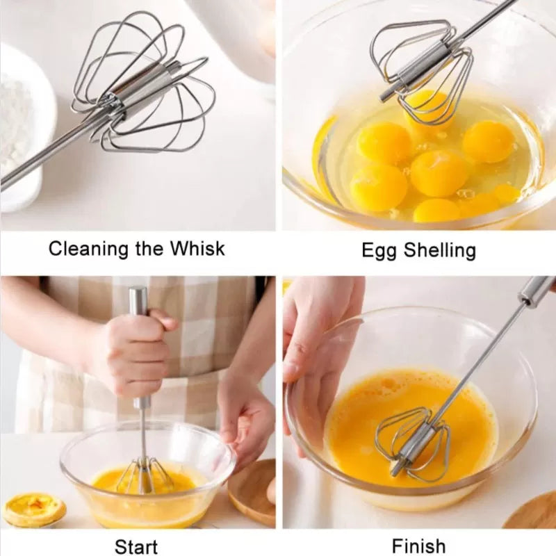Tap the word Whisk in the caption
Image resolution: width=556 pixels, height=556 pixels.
coord(197,249)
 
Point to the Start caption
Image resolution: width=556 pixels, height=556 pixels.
coord(136,546)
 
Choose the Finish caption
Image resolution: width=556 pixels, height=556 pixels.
coord(418,546)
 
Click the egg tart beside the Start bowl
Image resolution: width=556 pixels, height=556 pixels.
coord(33,509)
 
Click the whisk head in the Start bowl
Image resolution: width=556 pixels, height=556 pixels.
coord(144,476)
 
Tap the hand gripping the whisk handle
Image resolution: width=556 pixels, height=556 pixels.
coord(129,354)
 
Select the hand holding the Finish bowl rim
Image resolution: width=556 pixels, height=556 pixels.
coord(313,334)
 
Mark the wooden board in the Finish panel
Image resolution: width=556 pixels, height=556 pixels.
coord(532,514)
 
